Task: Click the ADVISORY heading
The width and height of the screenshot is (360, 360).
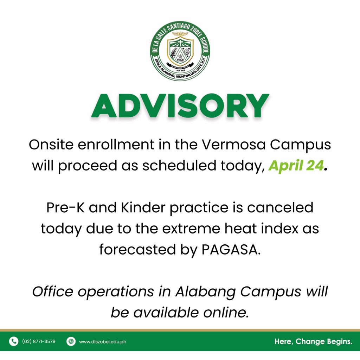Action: tap(180, 106)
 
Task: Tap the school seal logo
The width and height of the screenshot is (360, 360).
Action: tap(180, 51)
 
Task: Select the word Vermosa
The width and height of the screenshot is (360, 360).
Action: tap(233, 144)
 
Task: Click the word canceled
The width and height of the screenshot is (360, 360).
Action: tap(280, 207)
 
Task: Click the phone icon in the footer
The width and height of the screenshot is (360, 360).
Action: tap(14, 341)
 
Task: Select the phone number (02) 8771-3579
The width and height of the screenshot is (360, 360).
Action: tap(39, 341)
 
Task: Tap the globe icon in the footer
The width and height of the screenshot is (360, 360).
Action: tap(71, 341)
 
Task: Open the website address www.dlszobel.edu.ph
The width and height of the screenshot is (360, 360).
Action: tap(103, 342)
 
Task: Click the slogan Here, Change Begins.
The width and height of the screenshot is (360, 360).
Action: tap(313, 341)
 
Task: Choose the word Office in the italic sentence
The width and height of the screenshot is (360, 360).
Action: tap(53, 291)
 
